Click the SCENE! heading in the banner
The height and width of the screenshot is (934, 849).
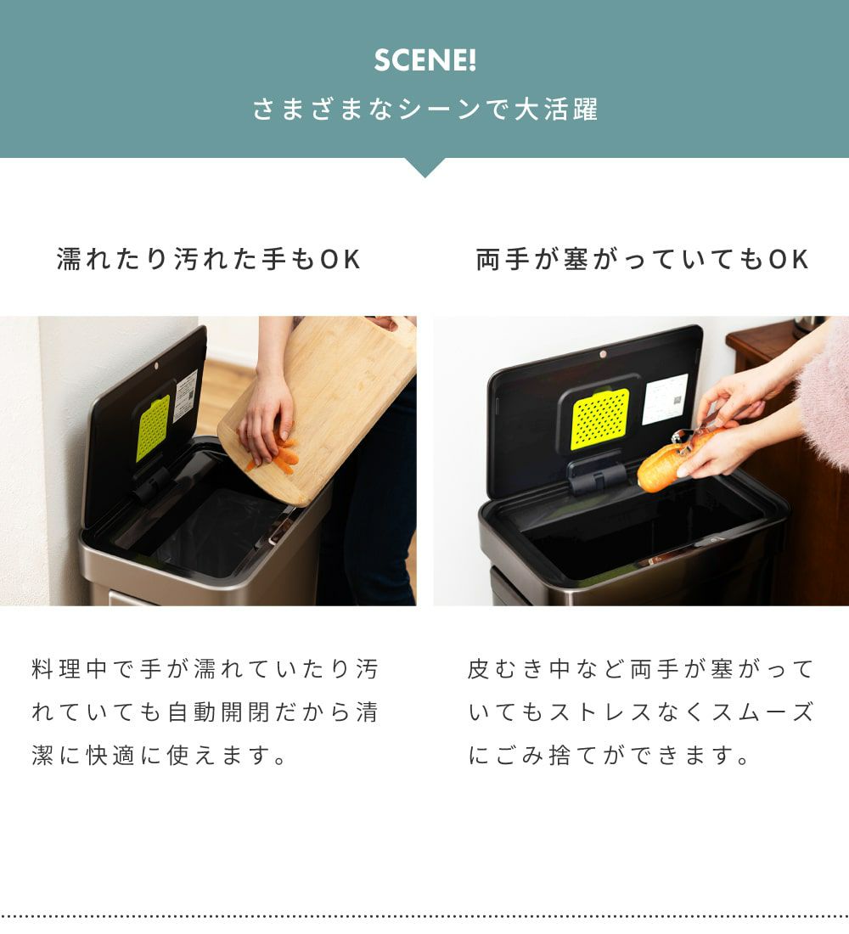(x=424, y=60)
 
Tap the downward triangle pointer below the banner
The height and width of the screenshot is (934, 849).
(x=424, y=166)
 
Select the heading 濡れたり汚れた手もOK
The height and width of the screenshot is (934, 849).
(x=209, y=260)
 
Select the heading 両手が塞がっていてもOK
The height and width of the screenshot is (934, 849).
(x=642, y=260)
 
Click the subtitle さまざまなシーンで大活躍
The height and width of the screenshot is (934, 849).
(x=424, y=110)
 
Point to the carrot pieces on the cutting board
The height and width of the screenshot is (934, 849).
(x=280, y=456)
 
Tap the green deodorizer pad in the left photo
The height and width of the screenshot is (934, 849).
(x=153, y=428)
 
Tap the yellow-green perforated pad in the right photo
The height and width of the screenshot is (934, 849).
(x=600, y=419)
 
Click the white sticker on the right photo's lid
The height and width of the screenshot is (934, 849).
(x=665, y=399)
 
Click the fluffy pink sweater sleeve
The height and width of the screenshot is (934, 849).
(x=825, y=393)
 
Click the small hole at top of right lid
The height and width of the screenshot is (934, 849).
(x=603, y=354)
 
